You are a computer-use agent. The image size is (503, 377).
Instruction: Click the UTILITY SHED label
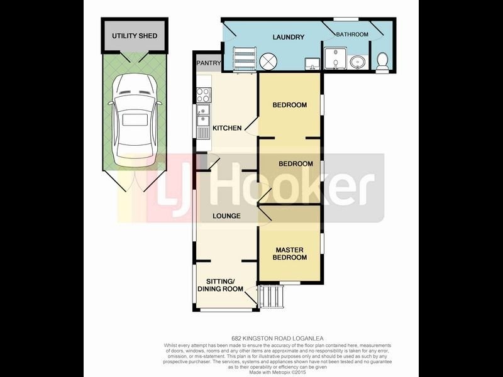[135, 36]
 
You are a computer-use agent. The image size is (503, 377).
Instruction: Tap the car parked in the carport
[134, 117]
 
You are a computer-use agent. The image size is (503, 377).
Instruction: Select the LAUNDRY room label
[288, 37]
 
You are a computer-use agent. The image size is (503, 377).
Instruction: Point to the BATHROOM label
[351, 35]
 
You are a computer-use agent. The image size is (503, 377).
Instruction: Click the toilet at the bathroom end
[382, 62]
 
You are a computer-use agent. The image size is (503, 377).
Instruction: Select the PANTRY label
[208, 63]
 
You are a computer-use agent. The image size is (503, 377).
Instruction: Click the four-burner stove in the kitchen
[204, 95]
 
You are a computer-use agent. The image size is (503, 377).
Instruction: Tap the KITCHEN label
[227, 128]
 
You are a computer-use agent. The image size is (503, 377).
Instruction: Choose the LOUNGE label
[226, 216]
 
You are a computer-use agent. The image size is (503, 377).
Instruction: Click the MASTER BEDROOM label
[290, 253]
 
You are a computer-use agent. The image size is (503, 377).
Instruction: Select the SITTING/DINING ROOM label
[220, 285]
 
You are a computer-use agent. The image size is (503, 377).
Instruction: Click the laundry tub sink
[311, 63]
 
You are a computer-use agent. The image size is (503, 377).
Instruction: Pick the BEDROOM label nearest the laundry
[289, 105]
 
